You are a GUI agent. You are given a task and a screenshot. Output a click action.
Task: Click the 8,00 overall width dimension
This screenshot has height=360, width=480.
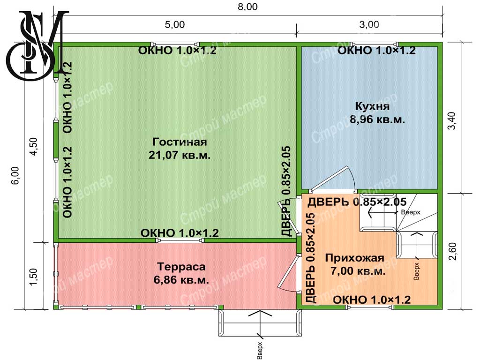tap(247, 7)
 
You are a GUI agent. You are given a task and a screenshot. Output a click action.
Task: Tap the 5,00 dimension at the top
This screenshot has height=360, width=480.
tap(175, 24)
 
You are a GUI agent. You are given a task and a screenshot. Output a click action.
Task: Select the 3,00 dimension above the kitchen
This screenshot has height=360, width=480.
tap(369, 24)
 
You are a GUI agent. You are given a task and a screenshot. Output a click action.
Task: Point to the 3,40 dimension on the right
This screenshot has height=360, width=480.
tap(452, 121)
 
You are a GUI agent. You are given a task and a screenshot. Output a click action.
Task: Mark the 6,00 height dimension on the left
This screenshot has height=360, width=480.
tap(16, 175)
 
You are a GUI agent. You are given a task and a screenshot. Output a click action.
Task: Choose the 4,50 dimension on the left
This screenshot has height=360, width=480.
tap(34, 146)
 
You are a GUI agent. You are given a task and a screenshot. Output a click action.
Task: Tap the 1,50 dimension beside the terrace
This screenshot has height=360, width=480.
tap(34, 277)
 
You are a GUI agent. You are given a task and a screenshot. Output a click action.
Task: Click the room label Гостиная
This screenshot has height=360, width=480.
tap(180, 142)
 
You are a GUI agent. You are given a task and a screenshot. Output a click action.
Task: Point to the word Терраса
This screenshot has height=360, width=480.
tap(181, 267)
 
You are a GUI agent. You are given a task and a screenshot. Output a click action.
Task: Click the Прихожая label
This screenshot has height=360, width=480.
tap(354, 258)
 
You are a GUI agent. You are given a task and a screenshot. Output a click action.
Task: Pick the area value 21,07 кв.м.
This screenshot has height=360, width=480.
tap(180, 155)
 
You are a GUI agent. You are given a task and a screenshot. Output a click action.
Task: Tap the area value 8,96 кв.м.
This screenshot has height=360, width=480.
tap(377, 120)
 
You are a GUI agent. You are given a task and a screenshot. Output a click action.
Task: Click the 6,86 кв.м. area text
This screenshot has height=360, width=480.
tap(181, 280)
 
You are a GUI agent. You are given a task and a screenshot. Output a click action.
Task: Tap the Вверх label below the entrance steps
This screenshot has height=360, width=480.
tap(260, 350)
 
